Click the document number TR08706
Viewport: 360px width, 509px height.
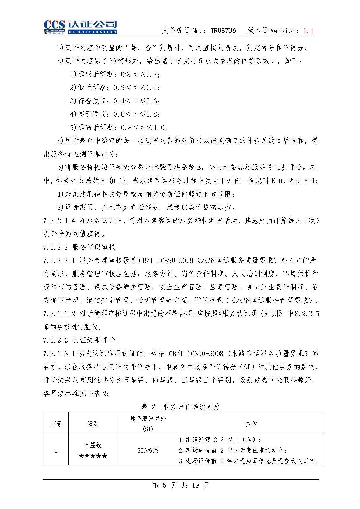(x=223, y=31)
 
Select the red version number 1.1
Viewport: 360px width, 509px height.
(x=308, y=31)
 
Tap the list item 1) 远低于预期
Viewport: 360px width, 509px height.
(x=115, y=74)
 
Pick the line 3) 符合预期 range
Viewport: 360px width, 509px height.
(x=115, y=101)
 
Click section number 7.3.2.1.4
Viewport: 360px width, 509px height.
(x=59, y=221)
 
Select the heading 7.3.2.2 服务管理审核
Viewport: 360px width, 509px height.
(x=79, y=247)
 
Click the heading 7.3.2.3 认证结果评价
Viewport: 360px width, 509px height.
(x=79, y=340)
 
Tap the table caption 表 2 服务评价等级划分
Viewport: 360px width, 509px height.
(x=181, y=406)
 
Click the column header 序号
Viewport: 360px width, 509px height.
(x=56, y=424)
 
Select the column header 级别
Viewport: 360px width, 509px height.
(x=93, y=424)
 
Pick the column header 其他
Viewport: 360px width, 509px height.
(x=251, y=424)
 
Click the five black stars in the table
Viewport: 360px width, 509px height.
(x=93, y=456)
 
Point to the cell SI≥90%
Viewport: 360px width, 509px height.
(x=148, y=451)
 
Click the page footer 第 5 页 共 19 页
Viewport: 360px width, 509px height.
(x=181, y=485)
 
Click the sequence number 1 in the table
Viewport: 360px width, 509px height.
(x=56, y=451)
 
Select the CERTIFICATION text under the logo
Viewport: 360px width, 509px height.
(x=92, y=32)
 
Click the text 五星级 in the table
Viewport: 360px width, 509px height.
(x=93, y=445)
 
